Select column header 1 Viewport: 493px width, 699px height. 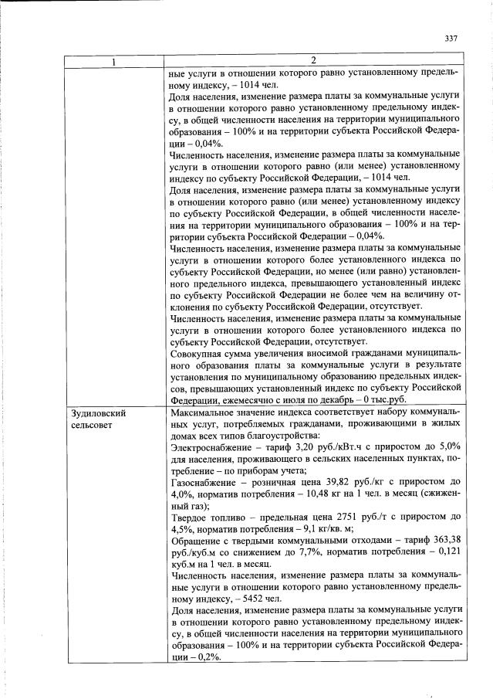coord(115,61)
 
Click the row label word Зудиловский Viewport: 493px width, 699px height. coord(98,413)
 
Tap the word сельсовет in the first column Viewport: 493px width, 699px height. coord(92,426)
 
